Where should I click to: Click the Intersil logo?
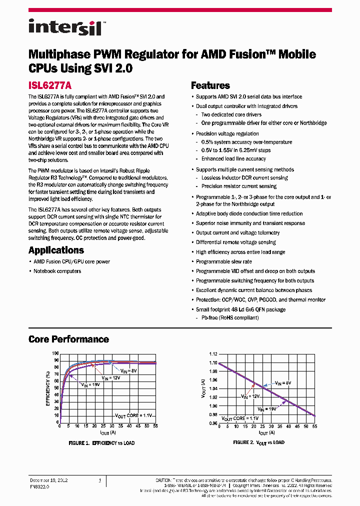point(65,27)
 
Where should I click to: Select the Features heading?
point(210,85)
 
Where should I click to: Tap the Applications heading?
point(56,250)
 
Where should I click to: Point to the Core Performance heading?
point(68,339)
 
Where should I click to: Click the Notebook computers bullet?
point(57,271)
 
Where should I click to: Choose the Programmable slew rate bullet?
point(223,261)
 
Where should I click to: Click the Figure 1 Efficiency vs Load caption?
point(101,443)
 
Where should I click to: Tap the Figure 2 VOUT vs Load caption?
point(258,442)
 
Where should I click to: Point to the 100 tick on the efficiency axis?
point(55,353)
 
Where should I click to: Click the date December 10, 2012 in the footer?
point(48,480)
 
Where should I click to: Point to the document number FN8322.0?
point(39,485)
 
